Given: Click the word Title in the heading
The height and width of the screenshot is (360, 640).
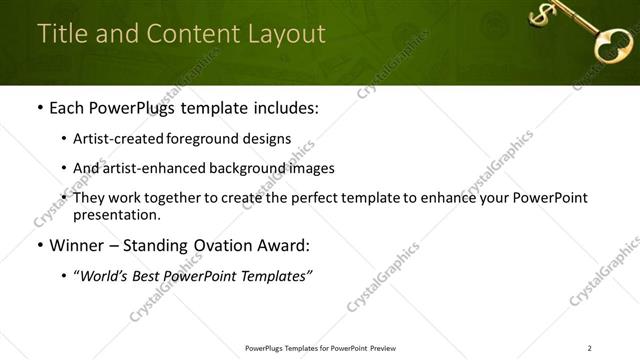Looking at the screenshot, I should (x=61, y=33).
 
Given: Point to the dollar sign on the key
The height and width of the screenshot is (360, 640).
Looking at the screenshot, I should (x=541, y=15).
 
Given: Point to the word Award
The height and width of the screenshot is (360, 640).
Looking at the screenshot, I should (x=283, y=245).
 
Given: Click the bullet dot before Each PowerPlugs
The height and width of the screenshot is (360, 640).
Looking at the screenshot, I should (x=38, y=108).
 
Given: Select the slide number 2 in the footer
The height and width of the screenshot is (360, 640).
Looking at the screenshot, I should (x=590, y=348).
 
